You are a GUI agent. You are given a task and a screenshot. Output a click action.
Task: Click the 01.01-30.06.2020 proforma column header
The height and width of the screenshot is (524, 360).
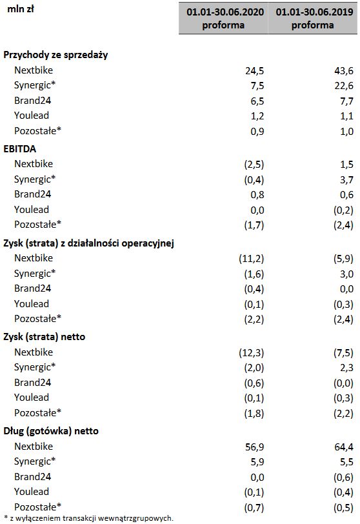click(x=223, y=19)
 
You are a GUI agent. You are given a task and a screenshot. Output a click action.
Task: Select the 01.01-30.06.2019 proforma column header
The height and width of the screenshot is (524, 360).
click(x=313, y=19)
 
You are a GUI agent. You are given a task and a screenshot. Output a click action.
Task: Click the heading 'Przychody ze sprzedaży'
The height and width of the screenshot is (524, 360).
click(x=55, y=55)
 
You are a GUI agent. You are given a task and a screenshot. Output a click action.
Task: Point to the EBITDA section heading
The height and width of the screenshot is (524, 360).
click(x=19, y=148)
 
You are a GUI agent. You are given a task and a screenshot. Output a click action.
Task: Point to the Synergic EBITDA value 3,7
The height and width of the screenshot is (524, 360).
click(x=345, y=179)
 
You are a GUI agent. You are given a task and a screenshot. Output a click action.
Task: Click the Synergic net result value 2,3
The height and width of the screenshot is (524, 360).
click(x=345, y=368)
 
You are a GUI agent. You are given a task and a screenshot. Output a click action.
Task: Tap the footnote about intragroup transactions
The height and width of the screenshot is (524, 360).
click(x=88, y=518)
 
